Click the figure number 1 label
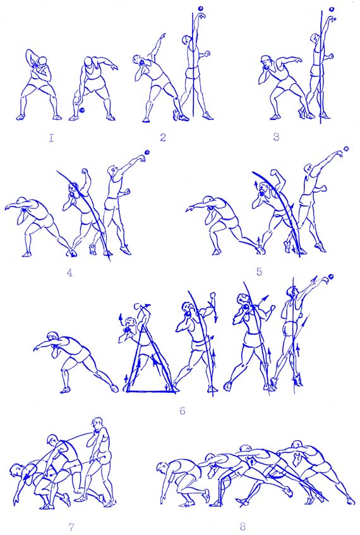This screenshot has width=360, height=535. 51,138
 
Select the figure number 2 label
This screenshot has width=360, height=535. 163,137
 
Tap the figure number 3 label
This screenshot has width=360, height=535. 276,137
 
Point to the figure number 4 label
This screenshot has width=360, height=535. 69,273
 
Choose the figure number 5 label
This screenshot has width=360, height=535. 259,272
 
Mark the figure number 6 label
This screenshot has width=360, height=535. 183,411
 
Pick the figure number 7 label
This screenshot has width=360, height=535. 71,527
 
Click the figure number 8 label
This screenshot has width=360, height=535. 243,526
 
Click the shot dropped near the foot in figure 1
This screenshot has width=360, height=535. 82,110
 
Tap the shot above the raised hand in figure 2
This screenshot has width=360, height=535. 200,8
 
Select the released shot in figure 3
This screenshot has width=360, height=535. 332,9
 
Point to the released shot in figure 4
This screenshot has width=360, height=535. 147,152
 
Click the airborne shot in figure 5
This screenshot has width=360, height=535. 346,149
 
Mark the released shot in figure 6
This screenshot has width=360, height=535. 330,277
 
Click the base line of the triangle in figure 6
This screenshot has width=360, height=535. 151,392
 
